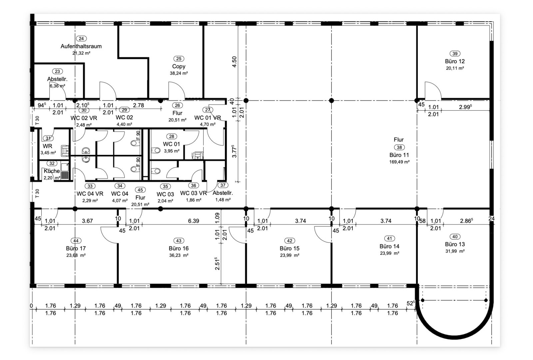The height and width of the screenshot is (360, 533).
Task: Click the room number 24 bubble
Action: [81, 39]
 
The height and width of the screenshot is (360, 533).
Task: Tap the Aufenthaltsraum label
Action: [81, 46]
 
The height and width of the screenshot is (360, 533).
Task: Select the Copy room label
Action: [179, 66]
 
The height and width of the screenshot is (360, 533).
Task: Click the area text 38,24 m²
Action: [179, 73]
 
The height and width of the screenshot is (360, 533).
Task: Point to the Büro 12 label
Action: [455, 61]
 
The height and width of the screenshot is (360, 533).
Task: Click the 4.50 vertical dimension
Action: [235, 62]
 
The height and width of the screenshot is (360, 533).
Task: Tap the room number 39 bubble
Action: [455, 54]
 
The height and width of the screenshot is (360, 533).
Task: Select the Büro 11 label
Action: [399, 155]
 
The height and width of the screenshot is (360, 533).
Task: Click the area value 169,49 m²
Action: [399, 162]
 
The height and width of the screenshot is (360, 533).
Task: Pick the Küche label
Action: [52, 171]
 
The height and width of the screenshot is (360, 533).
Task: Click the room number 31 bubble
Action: [48, 138]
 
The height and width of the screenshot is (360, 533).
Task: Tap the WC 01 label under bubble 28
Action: [171, 144]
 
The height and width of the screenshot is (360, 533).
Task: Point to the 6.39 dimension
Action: [194, 221]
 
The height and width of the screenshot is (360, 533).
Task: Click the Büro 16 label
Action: [179, 248]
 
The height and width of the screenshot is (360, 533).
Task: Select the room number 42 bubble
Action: [289, 241]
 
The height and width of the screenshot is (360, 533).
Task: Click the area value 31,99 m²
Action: [455, 251]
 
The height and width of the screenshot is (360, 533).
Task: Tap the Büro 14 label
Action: [389, 246]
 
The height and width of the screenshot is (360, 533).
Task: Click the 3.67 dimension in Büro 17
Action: [87, 221]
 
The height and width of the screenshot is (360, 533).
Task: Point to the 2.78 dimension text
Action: [139, 105]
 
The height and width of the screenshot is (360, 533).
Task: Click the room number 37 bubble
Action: [223, 185]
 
